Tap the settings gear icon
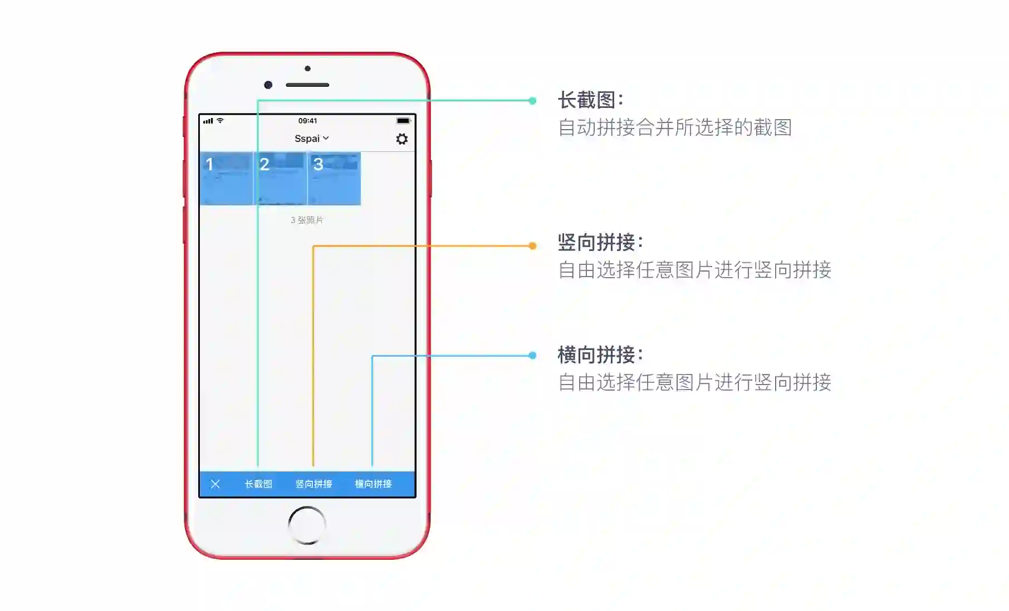coord(401,139)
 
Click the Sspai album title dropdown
coord(311,139)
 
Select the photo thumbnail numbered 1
coord(226,179)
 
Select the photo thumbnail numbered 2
coord(280,179)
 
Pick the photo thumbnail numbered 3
coord(334,179)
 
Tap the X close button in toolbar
coord(215,484)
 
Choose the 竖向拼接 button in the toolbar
coord(314,484)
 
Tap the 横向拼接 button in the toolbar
coord(373,484)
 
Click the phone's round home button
coord(307,525)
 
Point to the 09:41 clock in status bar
coord(307,121)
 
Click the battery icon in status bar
coord(403,121)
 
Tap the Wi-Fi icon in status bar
coord(221,121)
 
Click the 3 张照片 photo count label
coord(307,220)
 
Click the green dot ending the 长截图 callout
coord(532,101)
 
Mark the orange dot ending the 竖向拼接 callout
coord(532,246)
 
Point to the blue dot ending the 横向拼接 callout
coord(532,356)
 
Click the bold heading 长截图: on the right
coord(590,100)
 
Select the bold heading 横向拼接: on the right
coord(600,354)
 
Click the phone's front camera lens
coord(268,85)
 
